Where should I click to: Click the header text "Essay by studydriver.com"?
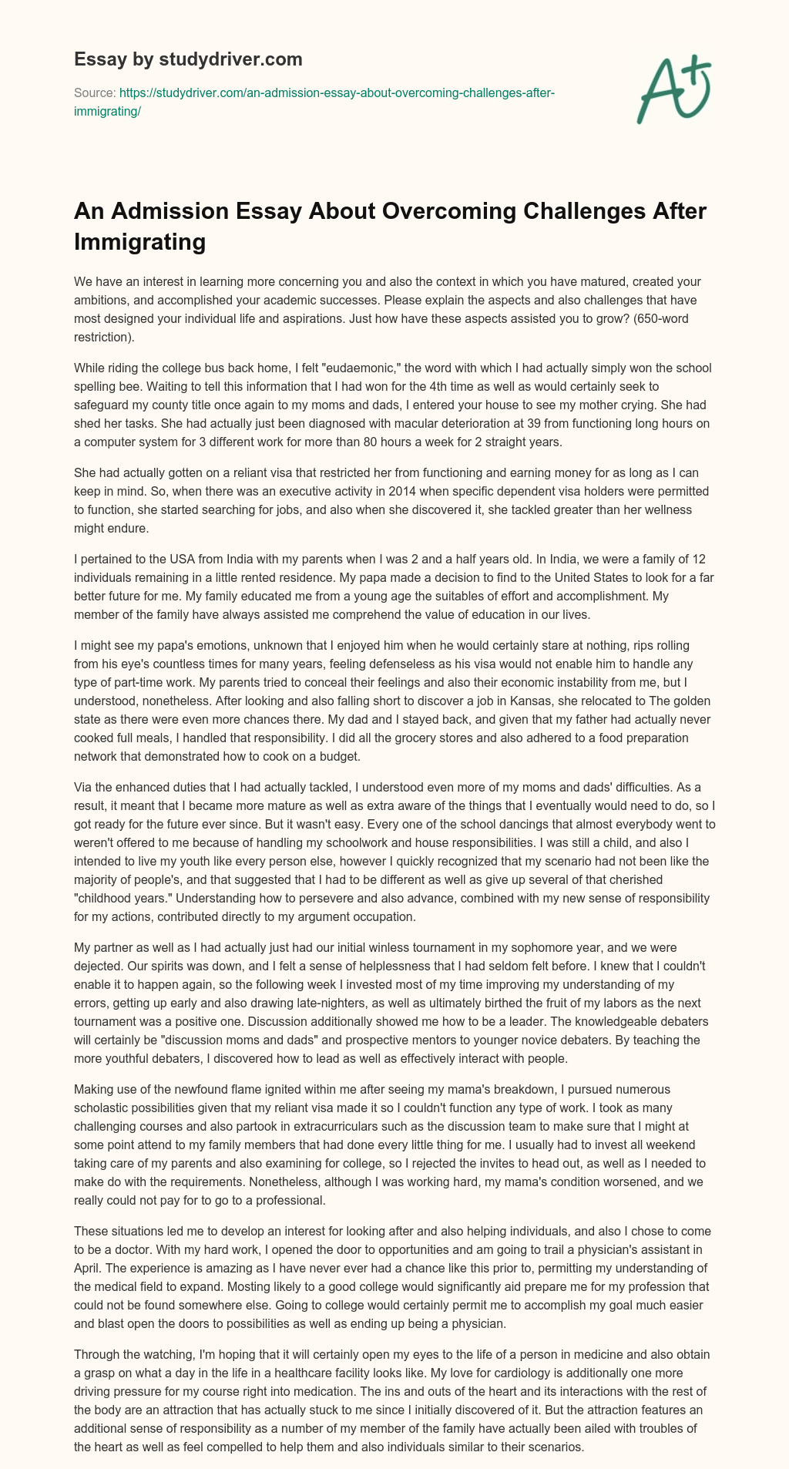pyautogui.click(x=188, y=59)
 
